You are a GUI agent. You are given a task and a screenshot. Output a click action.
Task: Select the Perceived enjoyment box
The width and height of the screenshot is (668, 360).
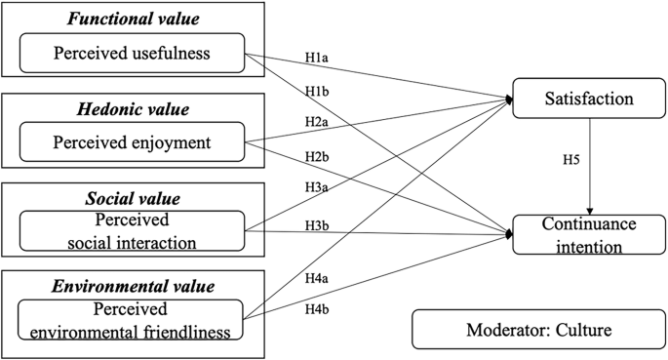click(132, 141)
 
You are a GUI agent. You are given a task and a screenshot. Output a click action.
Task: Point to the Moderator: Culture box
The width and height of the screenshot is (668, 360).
click(536, 330)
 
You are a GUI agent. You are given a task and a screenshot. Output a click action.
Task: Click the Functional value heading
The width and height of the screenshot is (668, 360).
click(131, 17)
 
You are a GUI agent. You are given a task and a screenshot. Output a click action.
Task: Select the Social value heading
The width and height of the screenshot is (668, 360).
click(131, 199)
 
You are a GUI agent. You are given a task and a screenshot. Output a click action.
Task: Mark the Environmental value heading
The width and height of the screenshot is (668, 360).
click(131, 288)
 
